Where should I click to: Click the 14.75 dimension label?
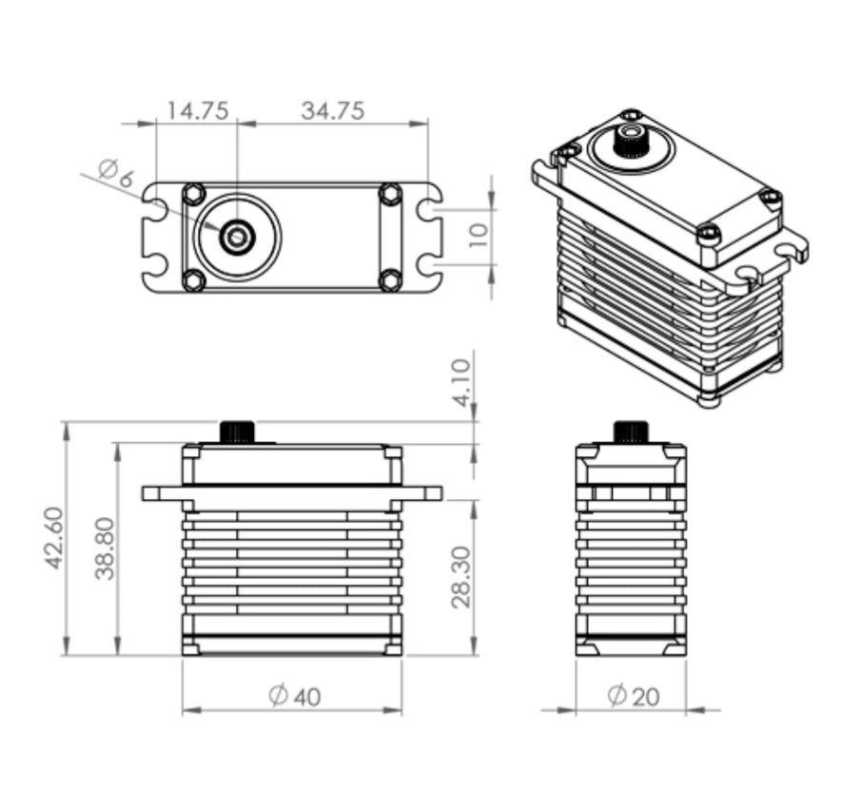click(197, 110)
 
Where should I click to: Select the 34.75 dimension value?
click(333, 110)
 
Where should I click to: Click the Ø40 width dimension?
click(294, 697)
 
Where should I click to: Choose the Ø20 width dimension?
click(633, 697)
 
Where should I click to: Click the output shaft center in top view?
click(236, 236)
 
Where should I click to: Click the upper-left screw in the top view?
click(193, 193)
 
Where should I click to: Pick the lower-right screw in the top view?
click(390, 279)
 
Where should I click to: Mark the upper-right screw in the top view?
click(390, 194)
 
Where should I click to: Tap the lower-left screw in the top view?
click(193, 279)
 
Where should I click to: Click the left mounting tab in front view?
click(162, 493)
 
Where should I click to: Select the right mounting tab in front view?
click(422, 493)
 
